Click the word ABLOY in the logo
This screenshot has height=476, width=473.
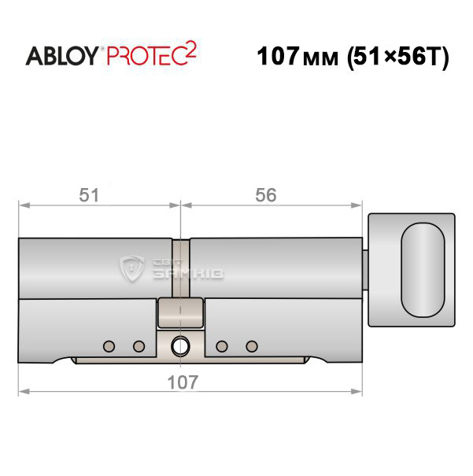[62, 56]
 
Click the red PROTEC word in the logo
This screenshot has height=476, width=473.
[146, 56]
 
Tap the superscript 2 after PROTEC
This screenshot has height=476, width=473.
[191, 50]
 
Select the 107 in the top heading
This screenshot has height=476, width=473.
[278, 56]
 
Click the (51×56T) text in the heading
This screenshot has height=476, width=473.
[398, 57]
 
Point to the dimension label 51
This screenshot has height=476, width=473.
[89, 195]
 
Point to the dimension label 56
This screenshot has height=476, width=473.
[266, 195]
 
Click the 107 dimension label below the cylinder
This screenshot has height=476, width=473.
[183, 382]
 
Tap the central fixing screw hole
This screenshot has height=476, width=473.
[180, 346]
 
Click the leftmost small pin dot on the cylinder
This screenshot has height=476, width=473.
[109, 346]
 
